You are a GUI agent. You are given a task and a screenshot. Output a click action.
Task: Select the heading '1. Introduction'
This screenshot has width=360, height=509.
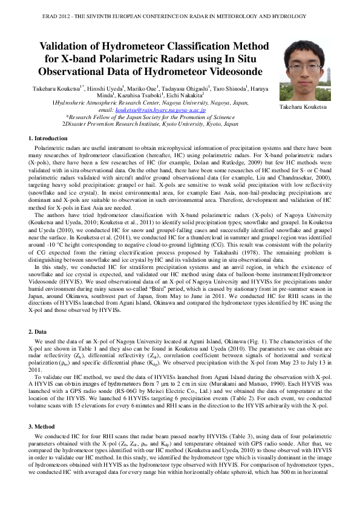pyautogui.click(x=48, y=139)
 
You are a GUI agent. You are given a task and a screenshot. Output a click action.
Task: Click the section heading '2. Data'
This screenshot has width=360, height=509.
pyautogui.click(x=39, y=332)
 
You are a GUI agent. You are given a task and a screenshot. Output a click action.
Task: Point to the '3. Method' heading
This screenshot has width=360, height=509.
pyautogui.click(x=44, y=427)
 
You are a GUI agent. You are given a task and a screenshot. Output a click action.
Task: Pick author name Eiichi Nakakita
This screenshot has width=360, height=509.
pyautogui.click(x=186, y=96)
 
